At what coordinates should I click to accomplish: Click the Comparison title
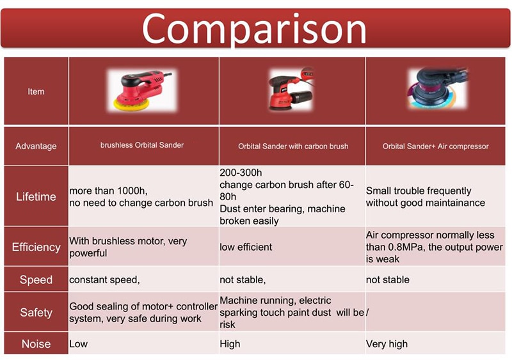pos(254,29)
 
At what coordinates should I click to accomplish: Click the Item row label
pos(36,91)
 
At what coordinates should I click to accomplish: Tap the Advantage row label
pos(36,146)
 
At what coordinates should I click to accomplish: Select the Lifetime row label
pos(36,197)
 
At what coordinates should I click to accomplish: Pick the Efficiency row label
pos(36,247)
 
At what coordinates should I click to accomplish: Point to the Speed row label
pos(36,279)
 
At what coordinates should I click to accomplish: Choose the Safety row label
pos(36,312)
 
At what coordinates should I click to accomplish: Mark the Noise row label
pos(36,343)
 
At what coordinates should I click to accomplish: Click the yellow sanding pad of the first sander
pos(131,104)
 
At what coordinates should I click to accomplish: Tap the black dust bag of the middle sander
pos(301,98)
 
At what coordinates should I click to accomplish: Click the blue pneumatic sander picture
pos(438,88)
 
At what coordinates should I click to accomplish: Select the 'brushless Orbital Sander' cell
pos(142,145)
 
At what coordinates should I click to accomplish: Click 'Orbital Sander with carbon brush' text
pos(293,146)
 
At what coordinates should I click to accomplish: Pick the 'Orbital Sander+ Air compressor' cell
pos(436,146)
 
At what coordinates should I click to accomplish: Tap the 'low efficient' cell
pos(246,247)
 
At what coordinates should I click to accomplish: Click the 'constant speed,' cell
pos(104,279)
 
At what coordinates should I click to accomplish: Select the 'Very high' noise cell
pos(387,344)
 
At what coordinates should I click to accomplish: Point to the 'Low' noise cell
pos(78,344)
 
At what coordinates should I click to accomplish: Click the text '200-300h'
pos(241,173)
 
